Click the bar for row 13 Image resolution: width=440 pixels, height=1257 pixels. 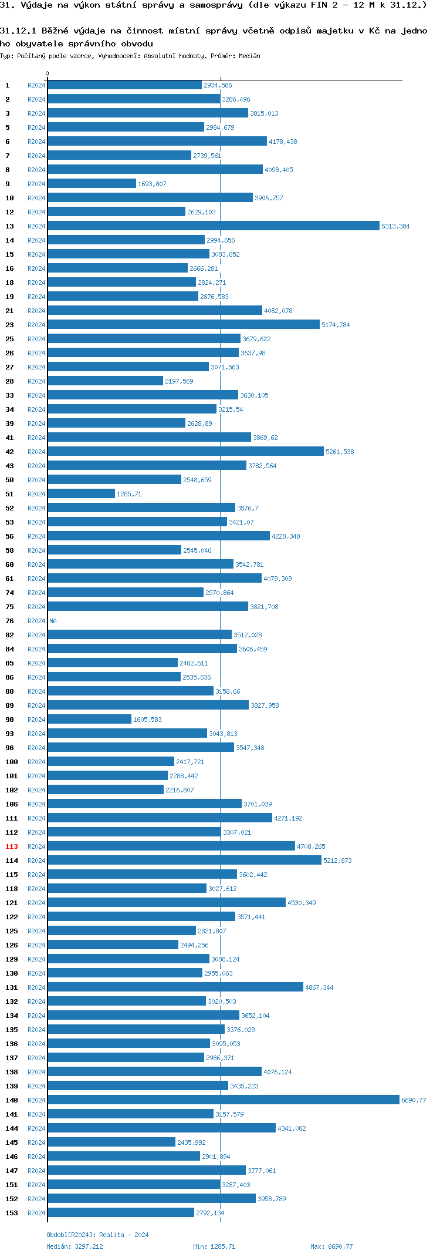214,226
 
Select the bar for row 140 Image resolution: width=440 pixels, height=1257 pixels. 223,1100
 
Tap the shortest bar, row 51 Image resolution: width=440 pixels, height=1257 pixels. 81,494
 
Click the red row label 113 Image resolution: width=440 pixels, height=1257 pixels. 12,846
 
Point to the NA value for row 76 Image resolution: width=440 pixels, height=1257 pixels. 53,621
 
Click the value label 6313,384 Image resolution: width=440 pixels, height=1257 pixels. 395,226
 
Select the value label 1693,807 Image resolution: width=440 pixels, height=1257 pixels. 152,184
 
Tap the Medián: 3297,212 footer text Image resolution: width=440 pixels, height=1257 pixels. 75,1246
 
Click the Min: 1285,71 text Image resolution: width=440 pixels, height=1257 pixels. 214,1246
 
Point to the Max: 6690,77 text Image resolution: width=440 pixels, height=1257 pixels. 331,1246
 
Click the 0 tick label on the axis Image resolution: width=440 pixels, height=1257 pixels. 48,73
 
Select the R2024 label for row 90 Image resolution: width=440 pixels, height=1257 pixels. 36,720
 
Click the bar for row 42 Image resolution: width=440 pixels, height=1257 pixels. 185,452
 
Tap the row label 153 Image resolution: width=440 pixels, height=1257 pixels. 12,1213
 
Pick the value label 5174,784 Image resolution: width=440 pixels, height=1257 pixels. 336,325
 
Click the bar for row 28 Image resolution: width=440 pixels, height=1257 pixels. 106,381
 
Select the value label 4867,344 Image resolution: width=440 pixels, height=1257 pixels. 319,987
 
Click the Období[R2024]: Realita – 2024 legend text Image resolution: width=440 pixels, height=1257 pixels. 97,1235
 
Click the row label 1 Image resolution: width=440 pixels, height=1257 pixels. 8,85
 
